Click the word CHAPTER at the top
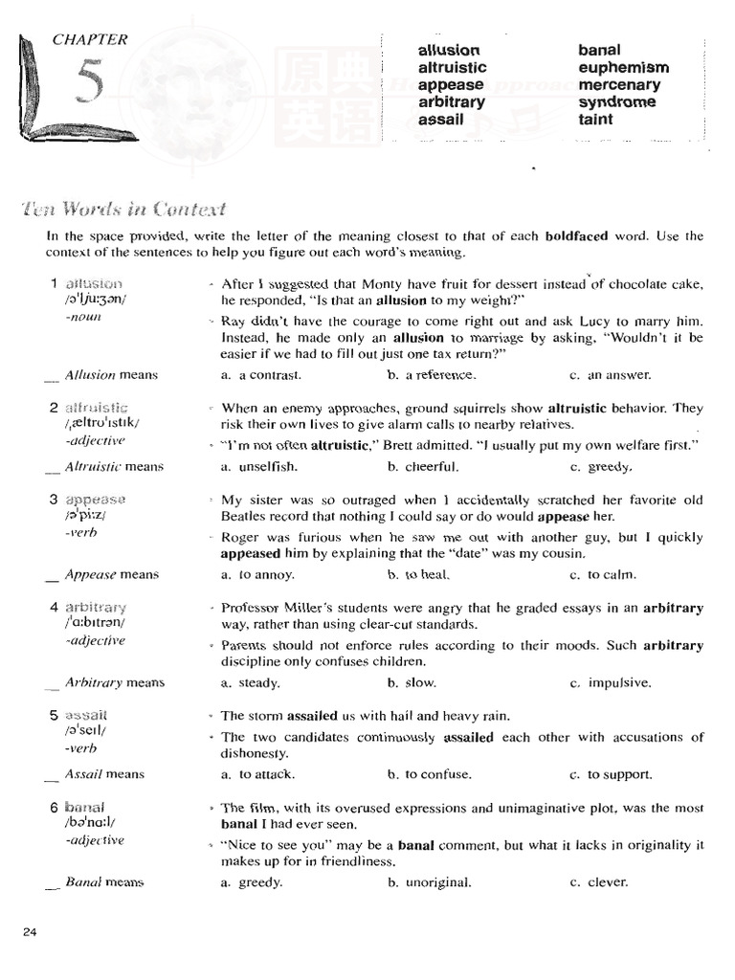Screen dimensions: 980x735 tap(90, 40)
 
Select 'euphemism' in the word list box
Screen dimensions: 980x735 tap(623, 68)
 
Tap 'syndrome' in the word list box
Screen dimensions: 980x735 tap(616, 102)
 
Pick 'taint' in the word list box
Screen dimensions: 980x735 tap(595, 120)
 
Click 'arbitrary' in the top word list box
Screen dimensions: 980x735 tap(452, 102)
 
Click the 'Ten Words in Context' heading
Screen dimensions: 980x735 tap(135, 210)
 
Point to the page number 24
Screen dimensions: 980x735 tap(28, 933)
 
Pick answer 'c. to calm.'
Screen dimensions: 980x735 tap(603, 575)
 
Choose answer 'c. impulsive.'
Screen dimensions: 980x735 tap(610, 683)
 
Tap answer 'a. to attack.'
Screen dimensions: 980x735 tap(257, 774)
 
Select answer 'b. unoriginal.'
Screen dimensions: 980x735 tap(430, 882)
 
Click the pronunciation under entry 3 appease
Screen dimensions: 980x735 tap(85, 516)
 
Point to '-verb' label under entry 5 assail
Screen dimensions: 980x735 tap(81, 749)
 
